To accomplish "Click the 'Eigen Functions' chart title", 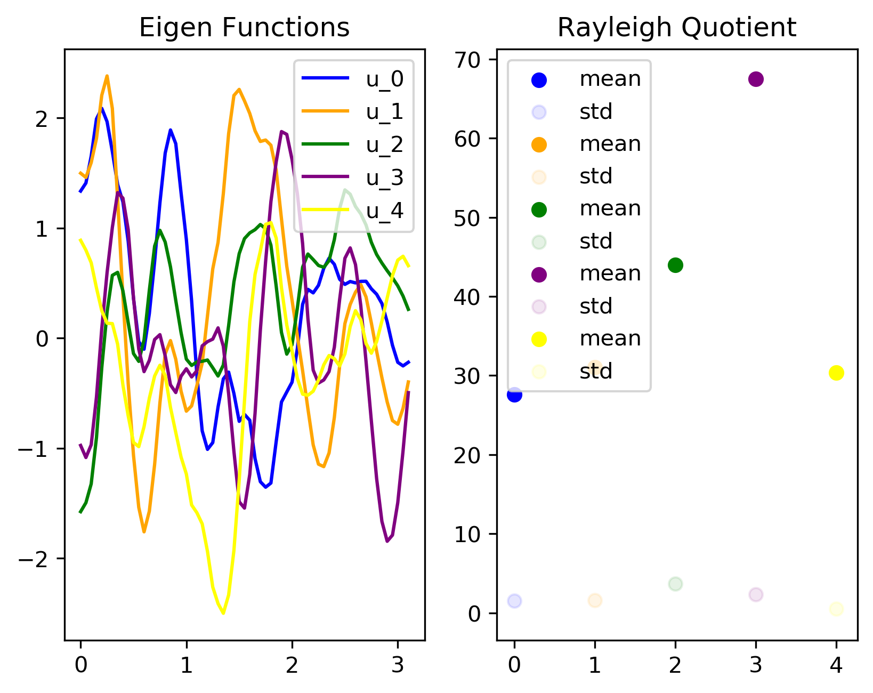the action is [x=244, y=28].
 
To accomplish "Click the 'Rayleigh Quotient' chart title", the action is [x=677, y=28].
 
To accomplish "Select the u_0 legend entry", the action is [x=352, y=78].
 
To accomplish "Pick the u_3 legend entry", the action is [x=352, y=177].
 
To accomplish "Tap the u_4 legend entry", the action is [x=352, y=210].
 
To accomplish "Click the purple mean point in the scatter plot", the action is [x=755, y=79].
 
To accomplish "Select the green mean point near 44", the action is [x=675, y=265].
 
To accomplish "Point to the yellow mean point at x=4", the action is [x=836, y=373].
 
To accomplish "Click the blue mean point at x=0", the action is [x=514, y=395].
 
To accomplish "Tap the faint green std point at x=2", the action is [x=675, y=584].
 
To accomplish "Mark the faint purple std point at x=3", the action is [x=755, y=594].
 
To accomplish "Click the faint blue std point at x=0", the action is [x=514, y=600].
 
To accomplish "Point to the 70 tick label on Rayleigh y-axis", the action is [x=467, y=60].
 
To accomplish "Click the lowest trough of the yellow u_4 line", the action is [x=223, y=613].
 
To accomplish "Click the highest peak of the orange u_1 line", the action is [x=107, y=76].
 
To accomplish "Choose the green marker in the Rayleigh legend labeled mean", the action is [x=539, y=209].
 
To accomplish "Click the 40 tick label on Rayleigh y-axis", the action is [x=467, y=296].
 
